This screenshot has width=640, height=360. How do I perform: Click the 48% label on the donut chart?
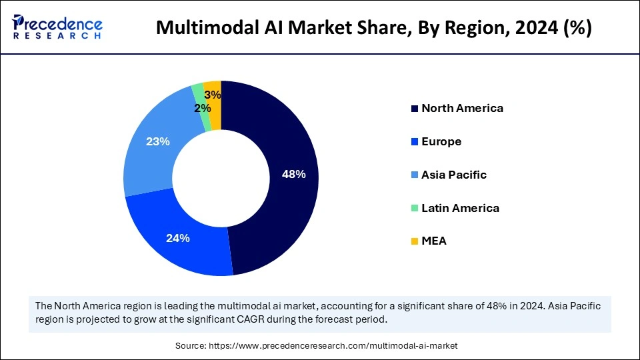click(x=294, y=175)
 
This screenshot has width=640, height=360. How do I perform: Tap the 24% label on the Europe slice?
click(x=178, y=238)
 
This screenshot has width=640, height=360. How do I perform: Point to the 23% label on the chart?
click(x=157, y=141)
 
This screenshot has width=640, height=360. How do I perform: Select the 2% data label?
click(x=203, y=108)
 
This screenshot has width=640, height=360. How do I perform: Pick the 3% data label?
click(x=213, y=95)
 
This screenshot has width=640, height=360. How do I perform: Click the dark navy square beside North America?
click(x=415, y=109)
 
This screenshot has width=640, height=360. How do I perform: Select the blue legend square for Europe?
click(x=415, y=142)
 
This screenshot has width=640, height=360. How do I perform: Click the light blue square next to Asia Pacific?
click(x=415, y=175)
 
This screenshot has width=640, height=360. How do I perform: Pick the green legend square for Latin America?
click(x=415, y=209)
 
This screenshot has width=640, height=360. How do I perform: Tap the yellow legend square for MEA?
click(x=415, y=241)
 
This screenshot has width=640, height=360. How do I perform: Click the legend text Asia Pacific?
click(x=454, y=175)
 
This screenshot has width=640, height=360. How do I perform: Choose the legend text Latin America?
click(x=460, y=208)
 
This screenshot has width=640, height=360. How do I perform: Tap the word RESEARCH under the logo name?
click(x=57, y=37)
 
